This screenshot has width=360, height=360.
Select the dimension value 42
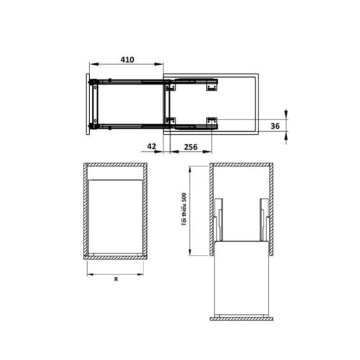point(151,146)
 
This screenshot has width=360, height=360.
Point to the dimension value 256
point(191,146)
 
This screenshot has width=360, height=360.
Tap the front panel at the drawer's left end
point(89,103)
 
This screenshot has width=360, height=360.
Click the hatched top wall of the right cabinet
point(242,168)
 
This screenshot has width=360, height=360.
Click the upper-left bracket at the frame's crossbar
point(170,88)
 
